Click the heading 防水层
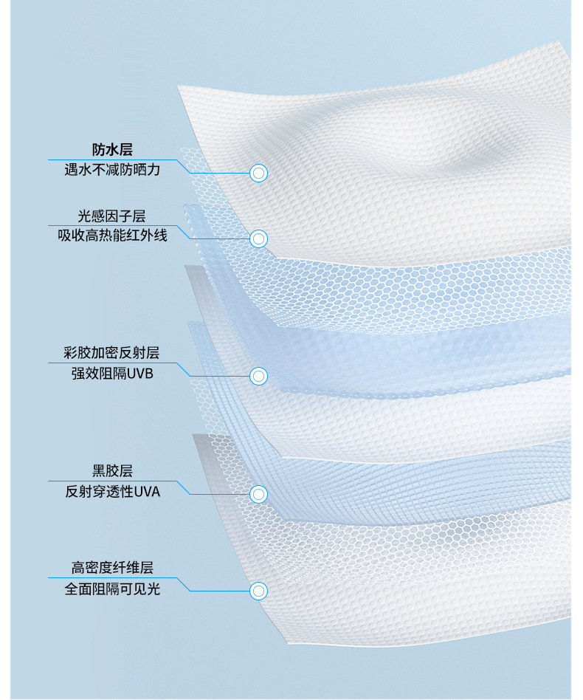click(x=112, y=150)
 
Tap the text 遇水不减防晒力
click(x=112, y=170)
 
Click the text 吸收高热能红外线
click(x=112, y=236)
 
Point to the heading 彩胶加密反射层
click(x=112, y=353)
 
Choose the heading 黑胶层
click(x=112, y=471)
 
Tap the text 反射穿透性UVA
click(x=112, y=491)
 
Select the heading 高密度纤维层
click(x=112, y=568)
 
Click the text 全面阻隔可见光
click(x=112, y=589)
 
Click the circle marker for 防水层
click(x=258, y=174)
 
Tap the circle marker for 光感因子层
click(x=258, y=239)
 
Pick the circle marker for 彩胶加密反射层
click(x=258, y=376)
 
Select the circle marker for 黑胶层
click(x=258, y=493)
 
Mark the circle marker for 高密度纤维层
click(x=258, y=591)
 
